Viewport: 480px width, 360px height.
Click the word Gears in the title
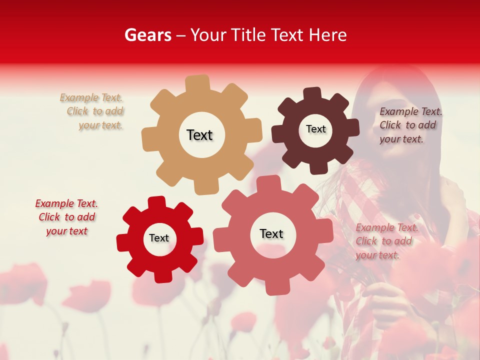click(147, 35)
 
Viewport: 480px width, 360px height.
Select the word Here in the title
click(327, 35)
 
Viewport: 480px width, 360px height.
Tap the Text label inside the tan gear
click(199, 135)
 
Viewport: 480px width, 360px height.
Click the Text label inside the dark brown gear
click(315, 129)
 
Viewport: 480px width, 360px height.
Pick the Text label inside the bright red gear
click(159, 238)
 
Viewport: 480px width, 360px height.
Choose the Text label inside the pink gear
click(271, 233)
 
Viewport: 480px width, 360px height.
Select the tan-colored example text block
click(92, 111)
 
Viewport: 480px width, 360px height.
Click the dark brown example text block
click(410, 125)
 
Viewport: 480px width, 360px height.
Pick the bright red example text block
click(66, 217)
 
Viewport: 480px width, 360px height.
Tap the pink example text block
click(386, 241)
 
